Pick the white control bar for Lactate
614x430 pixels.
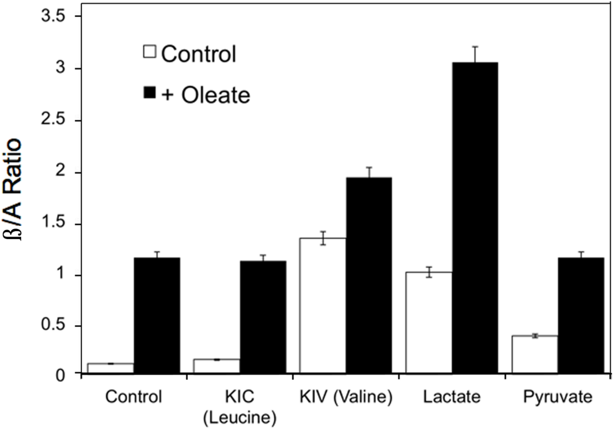pos(429,323)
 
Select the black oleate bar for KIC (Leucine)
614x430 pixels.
pos(263,317)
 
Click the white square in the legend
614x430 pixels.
pos(150,52)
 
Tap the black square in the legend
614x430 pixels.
pos(150,92)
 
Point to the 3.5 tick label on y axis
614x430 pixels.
pos(53,16)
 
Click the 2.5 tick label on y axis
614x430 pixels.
pos(53,120)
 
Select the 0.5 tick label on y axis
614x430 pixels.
pos(53,325)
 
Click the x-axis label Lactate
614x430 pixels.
pos(452,397)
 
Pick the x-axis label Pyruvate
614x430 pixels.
pos(558,397)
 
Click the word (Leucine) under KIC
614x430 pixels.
pos(240,418)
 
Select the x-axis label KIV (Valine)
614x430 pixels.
pos(346,397)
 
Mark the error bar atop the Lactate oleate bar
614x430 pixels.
pos(475,54)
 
